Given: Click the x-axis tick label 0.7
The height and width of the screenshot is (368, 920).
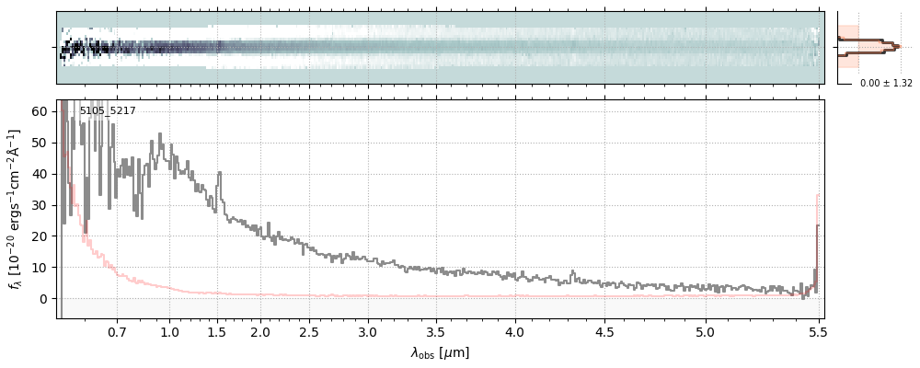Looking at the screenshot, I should [x=117, y=330].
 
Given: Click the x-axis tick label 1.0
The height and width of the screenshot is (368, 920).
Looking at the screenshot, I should [x=169, y=330].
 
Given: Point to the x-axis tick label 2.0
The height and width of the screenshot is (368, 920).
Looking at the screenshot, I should [x=260, y=330].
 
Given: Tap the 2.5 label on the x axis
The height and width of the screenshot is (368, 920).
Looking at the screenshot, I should [x=309, y=330].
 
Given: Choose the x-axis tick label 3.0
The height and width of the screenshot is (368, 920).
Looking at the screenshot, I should [x=368, y=330].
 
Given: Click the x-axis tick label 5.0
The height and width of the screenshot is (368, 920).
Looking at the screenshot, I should [x=706, y=330].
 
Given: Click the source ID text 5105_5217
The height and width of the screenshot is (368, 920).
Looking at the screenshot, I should [x=108, y=111].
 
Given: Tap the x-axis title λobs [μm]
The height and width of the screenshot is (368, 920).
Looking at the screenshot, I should [x=440, y=352].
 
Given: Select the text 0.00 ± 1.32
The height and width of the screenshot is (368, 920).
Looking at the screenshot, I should [x=886, y=84].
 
